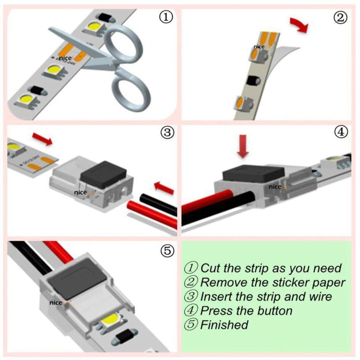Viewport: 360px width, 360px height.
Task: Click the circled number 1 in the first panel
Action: (x=166, y=18)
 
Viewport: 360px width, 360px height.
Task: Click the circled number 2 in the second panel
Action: (x=340, y=18)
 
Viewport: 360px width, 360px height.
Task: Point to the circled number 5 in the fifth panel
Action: (x=167, y=251)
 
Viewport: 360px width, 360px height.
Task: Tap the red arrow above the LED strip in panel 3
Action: (x=42, y=139)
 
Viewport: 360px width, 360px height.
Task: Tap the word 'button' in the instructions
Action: (x=274, y=310)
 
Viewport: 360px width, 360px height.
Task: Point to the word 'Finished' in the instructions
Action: (x=224, y=324)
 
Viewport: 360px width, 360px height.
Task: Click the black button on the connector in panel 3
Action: (x=103, y=174)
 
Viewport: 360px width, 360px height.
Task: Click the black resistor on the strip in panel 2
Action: (x=251, y=83)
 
